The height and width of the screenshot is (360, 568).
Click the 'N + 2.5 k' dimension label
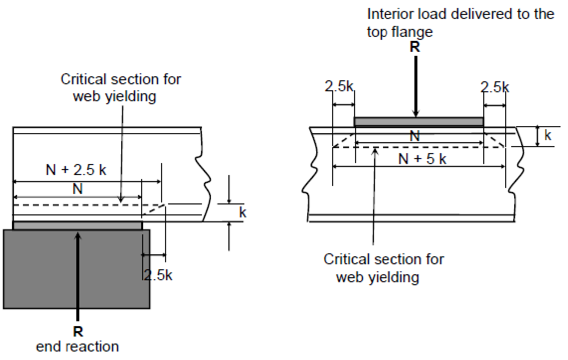pos(76,170)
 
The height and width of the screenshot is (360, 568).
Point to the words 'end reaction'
pos(78,347)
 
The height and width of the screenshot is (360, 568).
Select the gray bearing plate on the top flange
pos(418,122)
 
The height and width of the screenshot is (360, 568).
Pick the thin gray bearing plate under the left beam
pos(78,226)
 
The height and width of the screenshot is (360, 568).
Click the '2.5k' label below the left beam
pos(158,275)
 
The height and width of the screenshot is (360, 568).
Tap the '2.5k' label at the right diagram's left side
pos(340,87)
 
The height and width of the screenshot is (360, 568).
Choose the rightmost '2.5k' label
pos(495,88)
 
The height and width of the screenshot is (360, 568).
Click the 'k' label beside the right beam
pos(548,136)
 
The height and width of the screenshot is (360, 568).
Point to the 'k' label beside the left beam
pos(243,212)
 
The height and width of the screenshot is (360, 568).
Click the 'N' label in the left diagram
pos(78,189)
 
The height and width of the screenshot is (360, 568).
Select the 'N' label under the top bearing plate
pos(415,136)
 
